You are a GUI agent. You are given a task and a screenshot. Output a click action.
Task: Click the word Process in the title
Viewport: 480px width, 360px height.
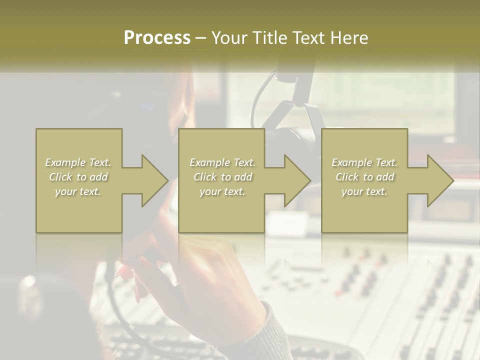click(157, 37)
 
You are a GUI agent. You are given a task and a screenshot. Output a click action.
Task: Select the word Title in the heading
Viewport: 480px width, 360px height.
click(271, 37)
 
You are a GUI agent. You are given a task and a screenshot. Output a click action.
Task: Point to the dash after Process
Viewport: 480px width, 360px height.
click(201, 38)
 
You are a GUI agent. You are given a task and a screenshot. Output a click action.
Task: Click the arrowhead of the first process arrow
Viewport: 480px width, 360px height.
click(155, 180)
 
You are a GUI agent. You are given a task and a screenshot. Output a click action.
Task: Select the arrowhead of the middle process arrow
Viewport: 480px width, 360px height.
click(298, 180)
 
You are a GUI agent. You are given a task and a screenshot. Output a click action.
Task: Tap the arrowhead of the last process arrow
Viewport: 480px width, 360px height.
click(440, 180)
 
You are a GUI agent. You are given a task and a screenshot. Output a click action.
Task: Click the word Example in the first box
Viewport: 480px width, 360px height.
click(65, 162)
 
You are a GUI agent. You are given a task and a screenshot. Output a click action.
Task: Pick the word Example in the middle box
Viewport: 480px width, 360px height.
click(209, 162)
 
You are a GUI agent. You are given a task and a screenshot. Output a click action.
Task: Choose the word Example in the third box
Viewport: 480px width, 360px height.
click(351, 162)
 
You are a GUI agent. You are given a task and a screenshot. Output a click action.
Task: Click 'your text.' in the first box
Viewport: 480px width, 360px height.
click(78, 191)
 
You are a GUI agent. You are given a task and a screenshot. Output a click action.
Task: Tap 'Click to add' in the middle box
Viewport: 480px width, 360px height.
click(222, 177)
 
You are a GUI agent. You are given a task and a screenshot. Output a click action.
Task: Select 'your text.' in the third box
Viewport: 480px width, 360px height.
click(364, 191)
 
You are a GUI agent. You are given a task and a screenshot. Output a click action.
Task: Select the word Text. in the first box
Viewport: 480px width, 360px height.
click(100, 162)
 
